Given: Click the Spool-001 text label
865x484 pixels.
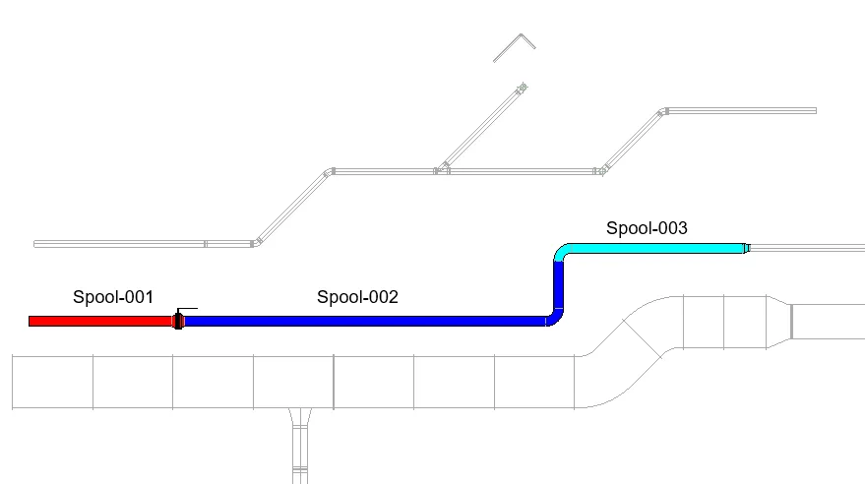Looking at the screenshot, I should pyautogui.click(x=113, y=296).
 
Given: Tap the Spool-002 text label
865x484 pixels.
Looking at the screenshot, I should pyautogui.click(x=357, y=296).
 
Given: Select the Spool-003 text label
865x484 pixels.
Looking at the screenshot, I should pyautogui.click(x=646, y=228).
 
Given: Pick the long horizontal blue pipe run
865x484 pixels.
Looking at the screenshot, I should pyautogui.click(x=364, y=321).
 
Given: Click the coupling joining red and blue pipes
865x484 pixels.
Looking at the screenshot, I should pyautogui.click(x=178, y=321).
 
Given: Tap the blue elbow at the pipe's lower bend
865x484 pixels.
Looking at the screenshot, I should pyautogui.click(x=556, y=318).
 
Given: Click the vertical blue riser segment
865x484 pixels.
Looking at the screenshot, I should pyautogui.click(x=561, y=286).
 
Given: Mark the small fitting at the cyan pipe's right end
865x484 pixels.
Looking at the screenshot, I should pyautogui.click(x=745, y=248).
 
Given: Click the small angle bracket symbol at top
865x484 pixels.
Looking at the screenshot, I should pyautogui.click(x=514, y=46).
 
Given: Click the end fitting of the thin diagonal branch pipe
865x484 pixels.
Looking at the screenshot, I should pyautogui.click(x=522, y=90).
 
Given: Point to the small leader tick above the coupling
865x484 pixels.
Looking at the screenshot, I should pyautogui.click(x=186, y=309).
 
